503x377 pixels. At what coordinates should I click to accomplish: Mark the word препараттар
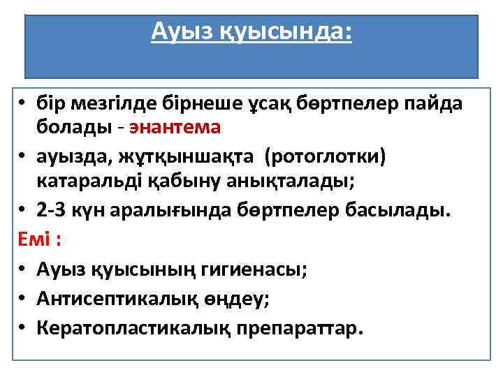point(304,327)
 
